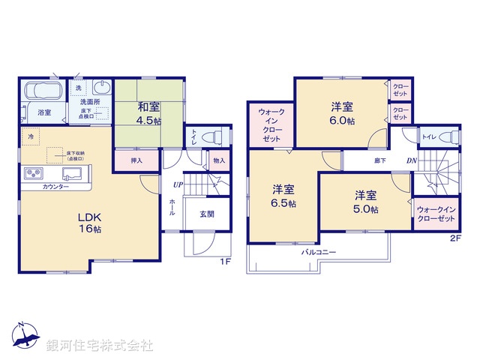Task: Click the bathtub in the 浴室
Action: pyautogui.click(x=44, y=93)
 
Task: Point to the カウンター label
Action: pyautogui.click(x=56, y=187)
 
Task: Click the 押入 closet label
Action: pyautogui.click(x=136, y=160)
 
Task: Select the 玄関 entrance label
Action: pyautogui.click(x=206, y=214)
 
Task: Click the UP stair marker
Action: pyautogui.click(x=178, y=185)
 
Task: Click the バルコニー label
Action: pyautogui.click(x=319, y=253)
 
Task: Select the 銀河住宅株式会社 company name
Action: pyautogui.click(x=100, y=346)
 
